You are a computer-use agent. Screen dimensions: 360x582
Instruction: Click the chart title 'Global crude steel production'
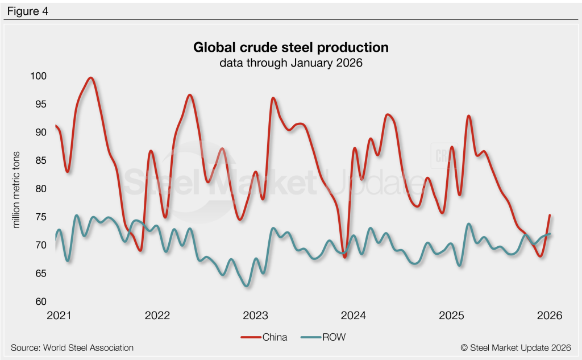point(291,47)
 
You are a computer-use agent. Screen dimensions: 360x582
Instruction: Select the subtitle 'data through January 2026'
point(291,63)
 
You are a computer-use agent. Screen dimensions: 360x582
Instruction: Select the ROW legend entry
point(325,337)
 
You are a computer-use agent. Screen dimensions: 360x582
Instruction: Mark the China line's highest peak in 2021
point(91,78)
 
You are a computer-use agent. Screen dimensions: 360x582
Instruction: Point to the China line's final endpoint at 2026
point(550,215)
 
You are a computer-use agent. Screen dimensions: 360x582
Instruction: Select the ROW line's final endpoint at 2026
point(550,234)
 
